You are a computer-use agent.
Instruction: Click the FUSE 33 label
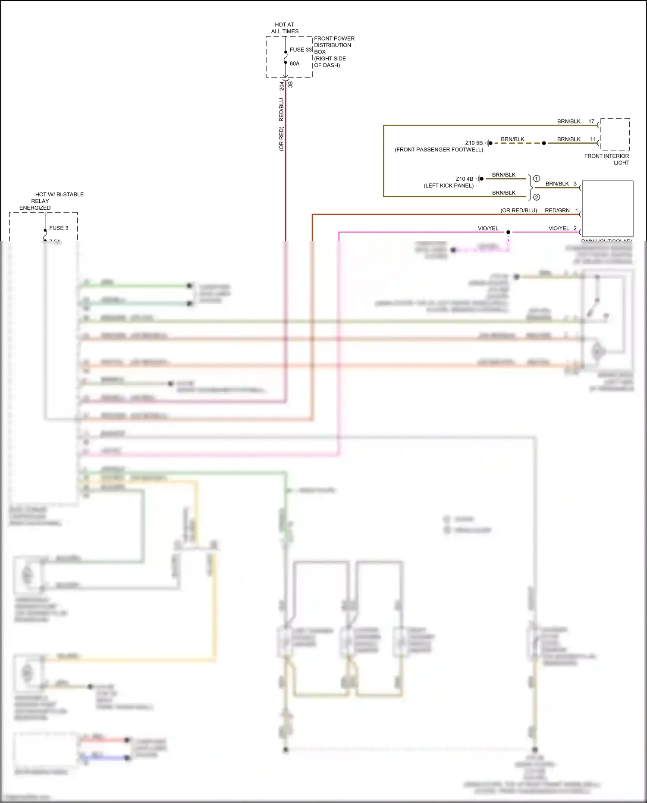pyautogui.click(x=301, y=50)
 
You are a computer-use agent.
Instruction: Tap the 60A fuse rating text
pyautogui.click(x=295, y=63)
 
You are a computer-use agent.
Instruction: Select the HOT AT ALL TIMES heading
pyautogui.click(x=285, y=28)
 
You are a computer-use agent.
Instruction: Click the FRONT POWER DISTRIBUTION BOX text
pyautogui.click(x=334, y=45)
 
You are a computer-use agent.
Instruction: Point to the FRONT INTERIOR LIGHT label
pyautogui.click(x=607, y=159)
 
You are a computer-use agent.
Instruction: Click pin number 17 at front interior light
pyautogui.click(x=591, y=121)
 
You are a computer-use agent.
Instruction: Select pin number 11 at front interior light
pyautogui.click(x=593, y=139)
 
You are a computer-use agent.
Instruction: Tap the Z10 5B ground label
pyautogui.click(x=474, y=143)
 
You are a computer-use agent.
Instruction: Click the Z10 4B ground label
pyautogui.click(x=464, y=179)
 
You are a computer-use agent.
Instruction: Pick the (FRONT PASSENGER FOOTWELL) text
pyautogui.click(x=439, y=150)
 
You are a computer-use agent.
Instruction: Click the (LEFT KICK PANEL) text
pyautogui.click(x=449, y=186)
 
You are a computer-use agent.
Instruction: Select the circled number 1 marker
pyautogui.click(x=537, y=178)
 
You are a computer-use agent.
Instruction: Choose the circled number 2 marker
pyautogui.click(x=537, y=197)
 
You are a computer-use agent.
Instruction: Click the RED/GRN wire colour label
pyautogui.click(x=557, y=211)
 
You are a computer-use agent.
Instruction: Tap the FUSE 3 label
pyautogui.click(x=59, y=228)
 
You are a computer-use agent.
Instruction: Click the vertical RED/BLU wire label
pyautogui.click(x=281, y=110)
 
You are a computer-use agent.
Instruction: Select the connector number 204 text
pyautogui.click(x=282, y=85)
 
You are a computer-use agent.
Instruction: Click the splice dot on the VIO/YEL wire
pyautogui.click(x=508, y=232)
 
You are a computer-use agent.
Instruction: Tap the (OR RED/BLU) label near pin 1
pyautogui.click(x=518, y=211)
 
